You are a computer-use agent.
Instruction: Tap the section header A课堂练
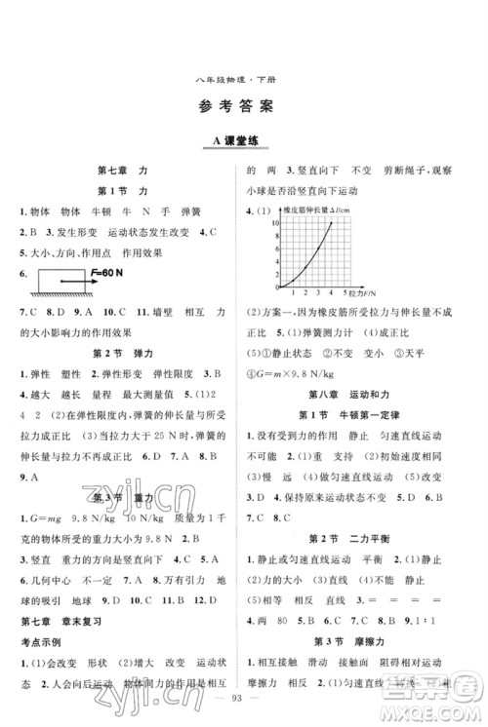[x=244, y=142]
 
